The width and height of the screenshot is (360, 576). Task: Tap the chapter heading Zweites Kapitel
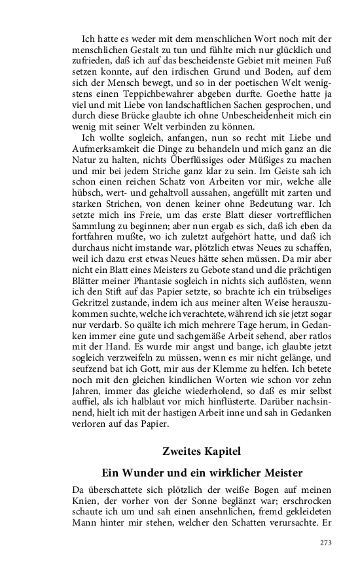202,451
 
